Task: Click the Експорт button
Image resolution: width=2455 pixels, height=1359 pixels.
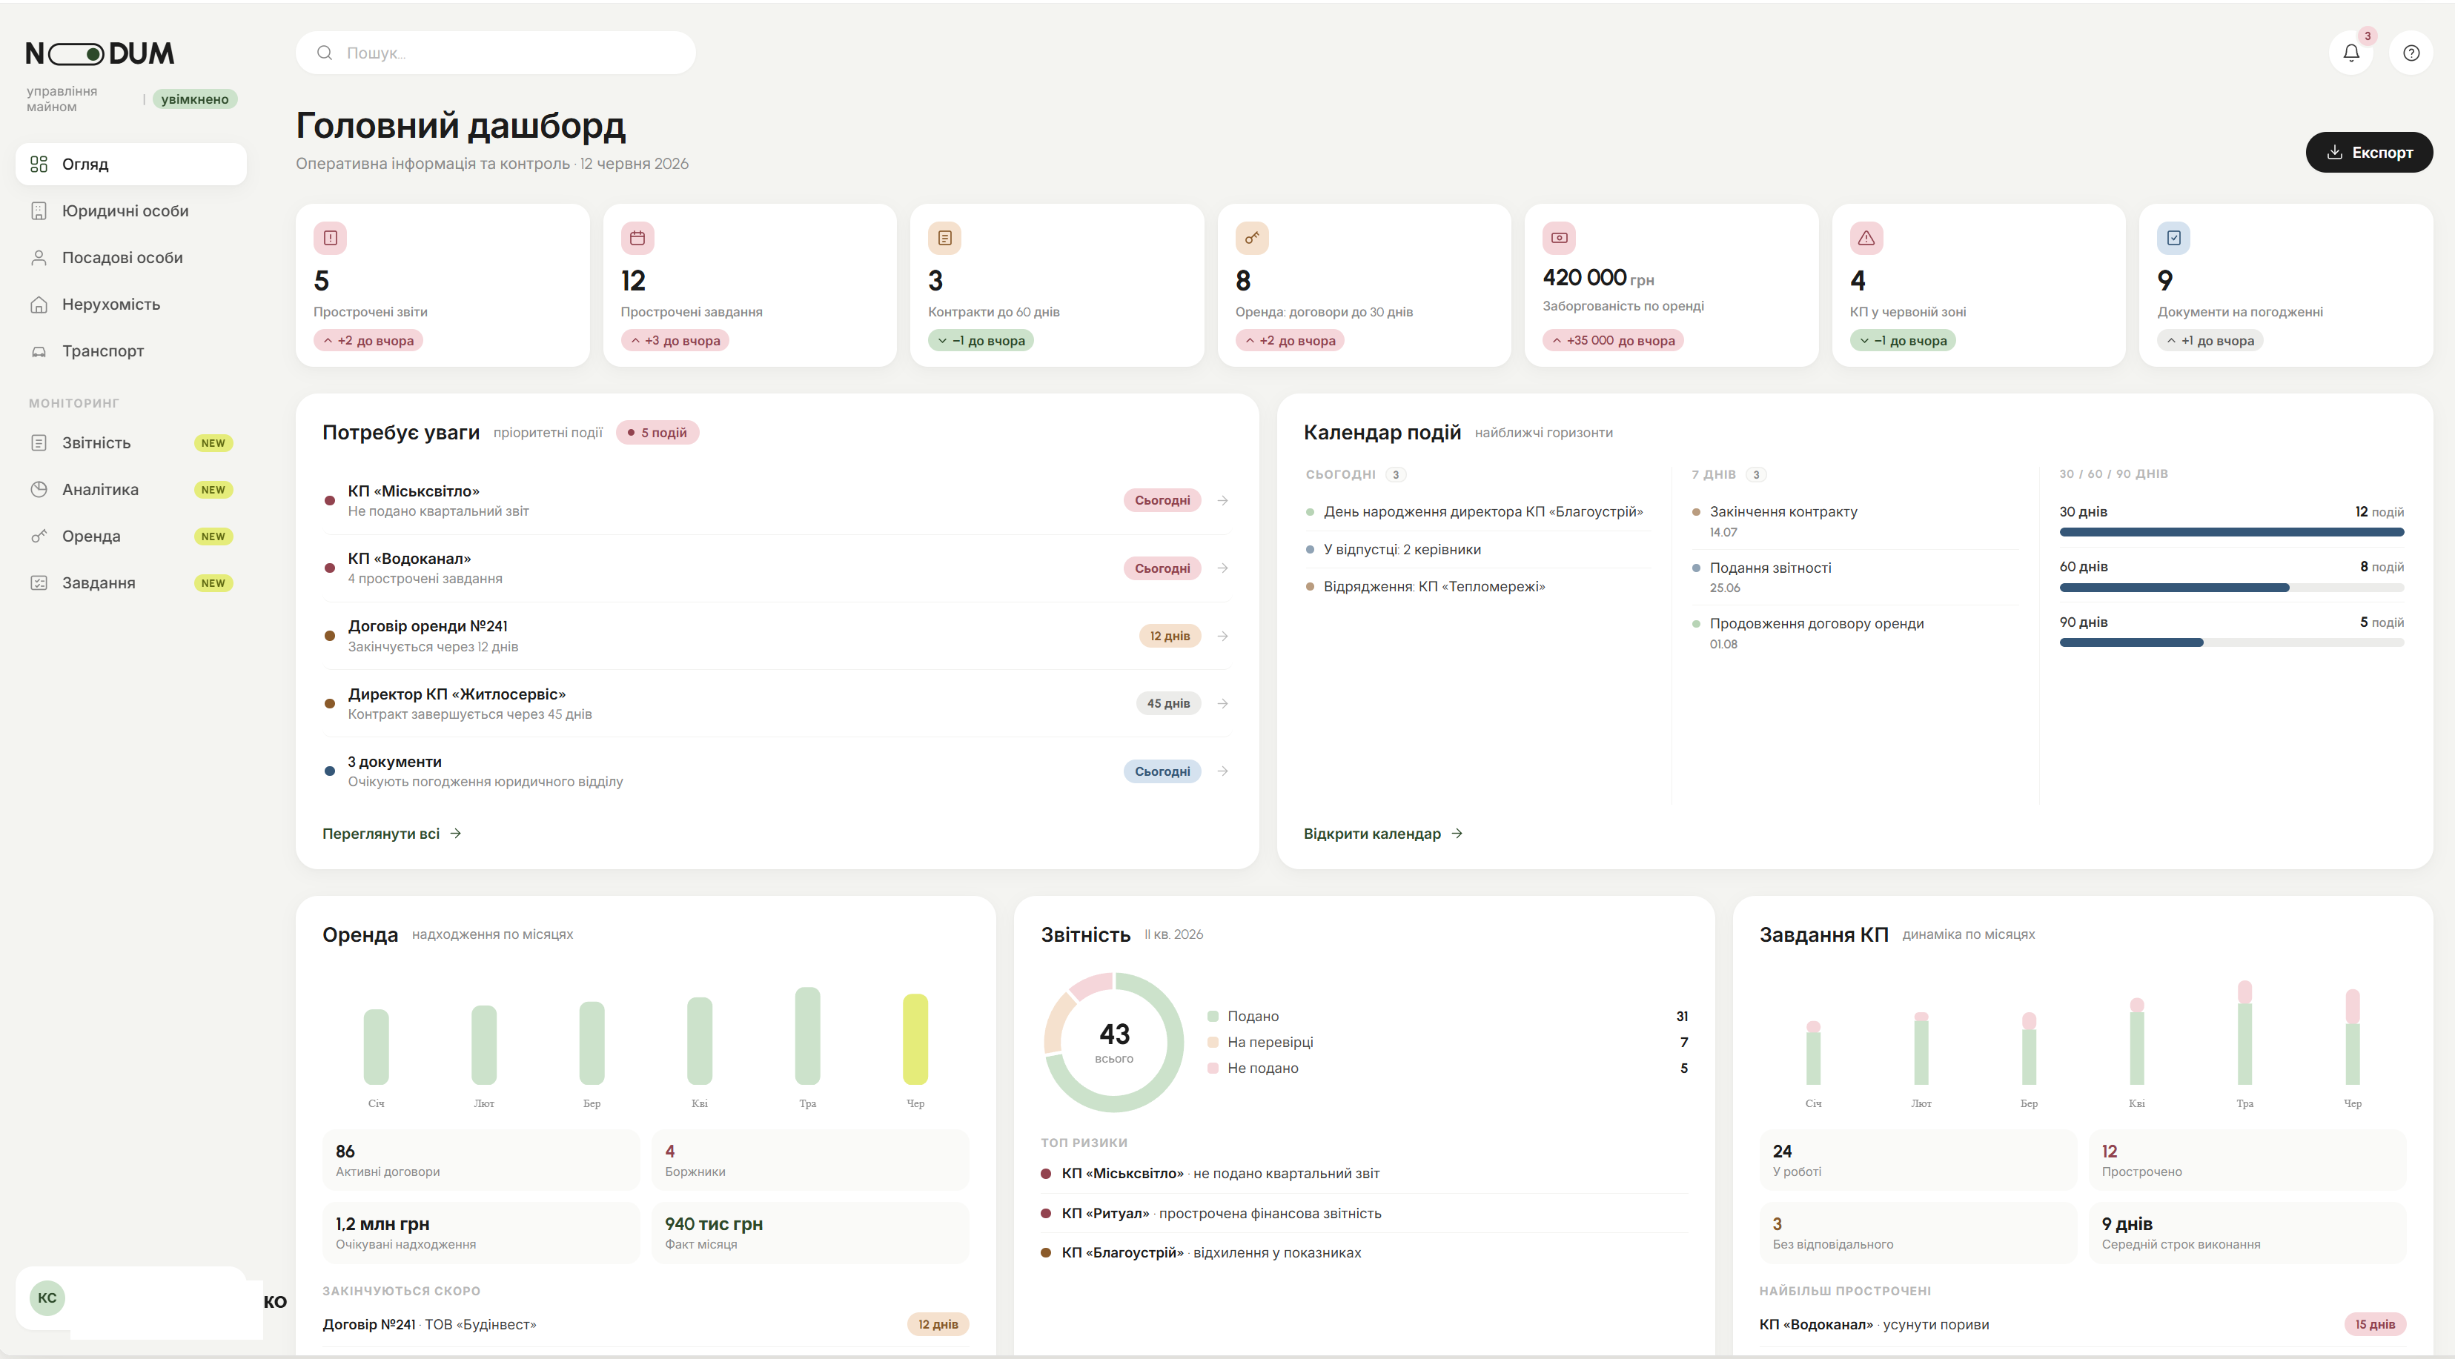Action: click(x=2368, y=153)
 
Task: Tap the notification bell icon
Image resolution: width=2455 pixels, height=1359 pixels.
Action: click(x=2351, y=53)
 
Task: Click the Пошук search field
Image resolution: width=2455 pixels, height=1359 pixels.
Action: click(x=496, y=53)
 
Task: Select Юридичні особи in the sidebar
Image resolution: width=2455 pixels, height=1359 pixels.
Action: click(x=125, y=210)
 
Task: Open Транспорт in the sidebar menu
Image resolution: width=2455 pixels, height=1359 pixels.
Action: click(x=103, y=350)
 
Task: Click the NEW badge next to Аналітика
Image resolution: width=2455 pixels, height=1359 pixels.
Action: click(x=213, y=490)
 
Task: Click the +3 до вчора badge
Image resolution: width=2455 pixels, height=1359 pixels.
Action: click(x=675, y=340)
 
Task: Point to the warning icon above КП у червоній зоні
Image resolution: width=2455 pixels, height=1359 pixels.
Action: click(x=1866, y=239)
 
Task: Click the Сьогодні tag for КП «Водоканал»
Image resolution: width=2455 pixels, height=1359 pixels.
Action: click(x=1162, y=568)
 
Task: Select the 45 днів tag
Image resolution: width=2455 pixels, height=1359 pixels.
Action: click(x=1167, y=703)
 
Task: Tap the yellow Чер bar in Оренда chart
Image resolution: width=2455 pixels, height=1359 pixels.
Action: click(x=915, y=1039)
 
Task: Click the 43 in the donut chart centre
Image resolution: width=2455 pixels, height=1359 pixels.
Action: click(x=1114, y=1034)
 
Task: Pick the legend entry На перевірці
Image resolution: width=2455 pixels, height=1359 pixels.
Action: click(x=1270, y=1042)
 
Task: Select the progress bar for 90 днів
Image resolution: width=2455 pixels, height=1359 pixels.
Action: click(x=2231, y=643)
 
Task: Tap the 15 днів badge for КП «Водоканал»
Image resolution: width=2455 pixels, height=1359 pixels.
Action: click(x=2374, y=1323)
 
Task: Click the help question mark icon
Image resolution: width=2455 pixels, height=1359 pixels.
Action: click(x=2411, y=53)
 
